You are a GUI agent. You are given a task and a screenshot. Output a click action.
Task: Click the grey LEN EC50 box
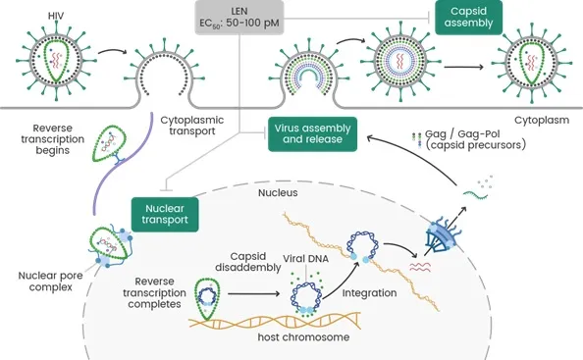(239, 17)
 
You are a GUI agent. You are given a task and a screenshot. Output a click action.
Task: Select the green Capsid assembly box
(468, 17)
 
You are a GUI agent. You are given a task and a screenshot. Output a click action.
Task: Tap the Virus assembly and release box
(312, 134)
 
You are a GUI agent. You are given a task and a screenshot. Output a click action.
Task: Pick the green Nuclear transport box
(165, 215)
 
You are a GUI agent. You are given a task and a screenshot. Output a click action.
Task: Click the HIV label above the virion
(56, 16)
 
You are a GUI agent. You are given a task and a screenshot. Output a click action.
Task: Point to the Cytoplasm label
(542, 121)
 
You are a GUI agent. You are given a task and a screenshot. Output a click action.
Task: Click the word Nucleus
(278, 193)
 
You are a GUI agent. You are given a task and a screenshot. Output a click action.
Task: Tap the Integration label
(369, 293)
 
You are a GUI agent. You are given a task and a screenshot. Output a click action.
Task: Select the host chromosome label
(303, 337)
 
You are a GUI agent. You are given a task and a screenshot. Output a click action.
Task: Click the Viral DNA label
(305, 259)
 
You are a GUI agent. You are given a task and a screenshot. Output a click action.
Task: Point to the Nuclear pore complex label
(50, 282)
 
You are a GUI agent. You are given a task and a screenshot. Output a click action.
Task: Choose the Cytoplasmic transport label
(191, 126)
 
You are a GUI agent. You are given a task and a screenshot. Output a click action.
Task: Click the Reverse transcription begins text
(52, 139)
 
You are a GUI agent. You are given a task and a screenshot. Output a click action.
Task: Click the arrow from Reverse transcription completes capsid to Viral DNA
(253, 294)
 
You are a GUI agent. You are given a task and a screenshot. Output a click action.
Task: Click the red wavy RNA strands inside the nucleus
(420, 267)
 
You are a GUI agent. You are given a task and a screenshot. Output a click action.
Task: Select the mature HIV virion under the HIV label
(56, 61)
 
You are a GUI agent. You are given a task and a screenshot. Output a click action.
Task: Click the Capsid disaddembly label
(248, 262)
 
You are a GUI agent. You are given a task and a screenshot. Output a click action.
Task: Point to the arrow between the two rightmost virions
(463, 67)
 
